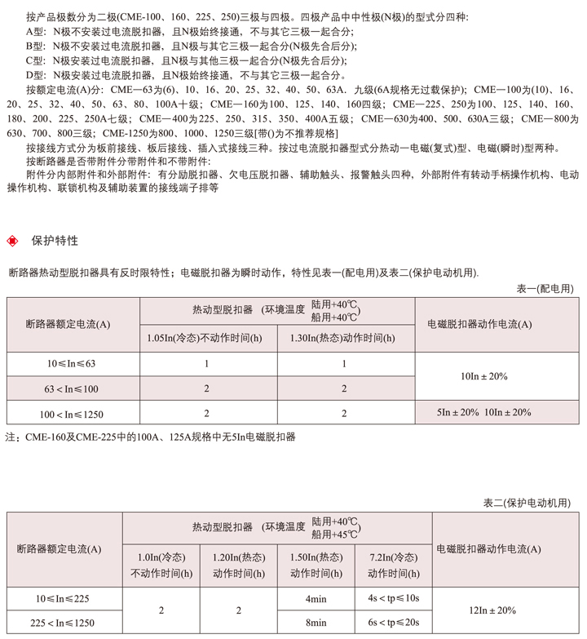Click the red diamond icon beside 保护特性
(11, 241)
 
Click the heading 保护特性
(55, 241)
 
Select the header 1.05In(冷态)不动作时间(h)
(208, 338)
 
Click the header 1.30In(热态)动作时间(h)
(346, 338)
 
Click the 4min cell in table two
(316, 599)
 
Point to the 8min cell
(316, 622)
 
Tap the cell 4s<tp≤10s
(393, 599)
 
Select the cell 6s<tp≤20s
(393, 622)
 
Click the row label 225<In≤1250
(64, 622)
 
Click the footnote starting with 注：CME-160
(150, 437)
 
